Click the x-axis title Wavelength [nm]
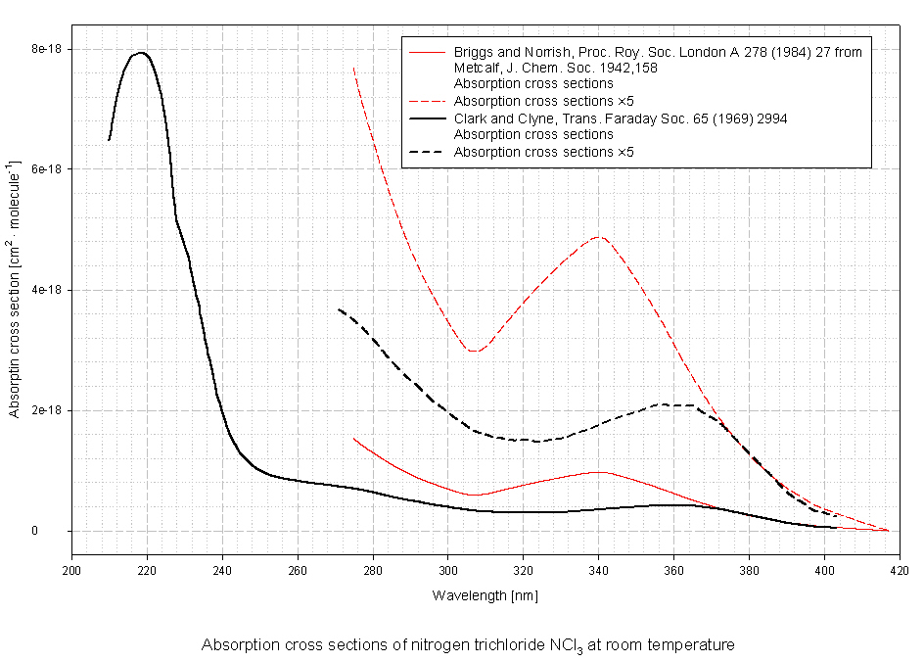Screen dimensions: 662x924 click(x=485, y=595)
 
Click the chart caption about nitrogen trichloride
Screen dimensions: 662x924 click(x=468, y=645)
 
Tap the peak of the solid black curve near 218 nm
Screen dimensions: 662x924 click(x=142, y=53)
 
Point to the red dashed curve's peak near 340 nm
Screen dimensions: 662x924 click(x=599, y=237)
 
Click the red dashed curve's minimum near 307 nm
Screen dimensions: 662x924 click(x=475, y=351)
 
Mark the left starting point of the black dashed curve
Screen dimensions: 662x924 click(x=339, y=309)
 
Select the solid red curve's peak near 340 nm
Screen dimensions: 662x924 click(x=599, y=472)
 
